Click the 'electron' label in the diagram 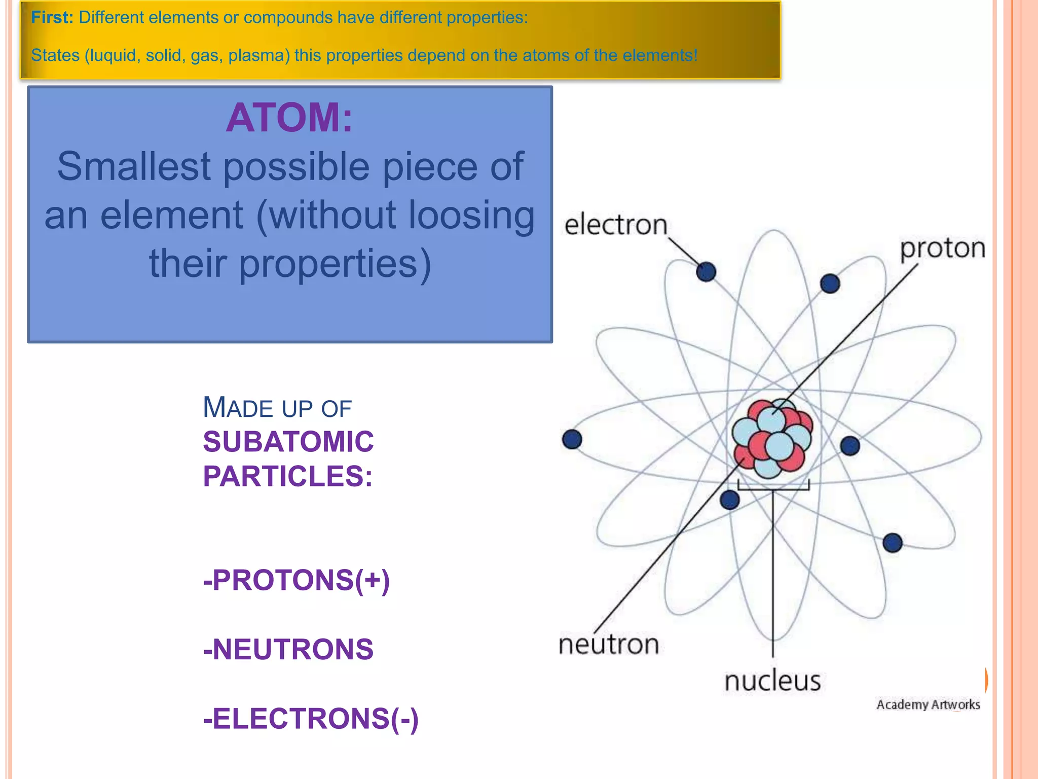[615, 225]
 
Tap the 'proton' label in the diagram [942, 249]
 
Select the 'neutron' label [608, 645]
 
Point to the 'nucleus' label [772, 681]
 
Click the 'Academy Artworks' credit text [928, 704]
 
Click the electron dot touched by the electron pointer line [706, 272]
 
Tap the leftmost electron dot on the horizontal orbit [572, 439]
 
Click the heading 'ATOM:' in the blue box [289, 118]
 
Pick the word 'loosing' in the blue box [471, 215]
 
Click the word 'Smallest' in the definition [134, 166]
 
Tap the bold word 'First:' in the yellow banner [52, 18]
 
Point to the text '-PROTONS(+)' [296, 580]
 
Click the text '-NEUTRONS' [288, 650]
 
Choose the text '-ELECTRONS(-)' [311, 719]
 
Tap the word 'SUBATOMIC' [288, 442]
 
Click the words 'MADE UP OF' [277, 408]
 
